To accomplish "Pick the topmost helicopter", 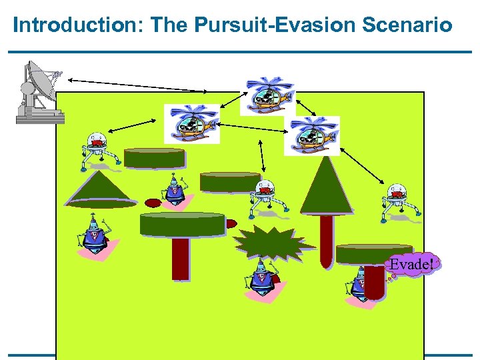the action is (268, 95).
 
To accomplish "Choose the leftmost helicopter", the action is (192, 124).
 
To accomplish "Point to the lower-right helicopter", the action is (311, 135).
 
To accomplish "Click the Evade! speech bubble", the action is (412, 265).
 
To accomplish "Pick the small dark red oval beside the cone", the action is (154, 202).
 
